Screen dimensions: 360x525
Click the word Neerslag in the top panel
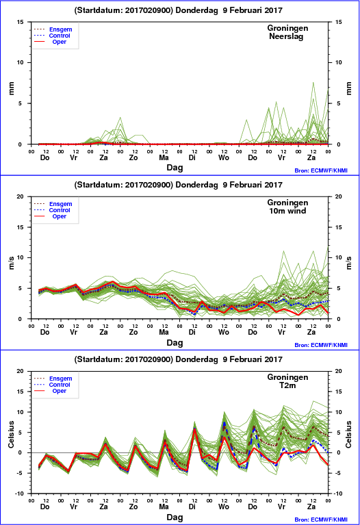[x=286, y=36]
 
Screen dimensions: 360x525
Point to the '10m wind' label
[x=287, y=211]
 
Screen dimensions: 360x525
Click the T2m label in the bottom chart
[x=287, y=385]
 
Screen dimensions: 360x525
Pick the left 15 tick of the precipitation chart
[x=21, y=22]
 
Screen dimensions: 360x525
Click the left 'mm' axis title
[x=12, y=88]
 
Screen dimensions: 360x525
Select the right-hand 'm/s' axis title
[x=348, y=263]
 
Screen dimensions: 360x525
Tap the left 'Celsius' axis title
[x=12, y=434]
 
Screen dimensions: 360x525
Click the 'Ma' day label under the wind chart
[x=164, y=332]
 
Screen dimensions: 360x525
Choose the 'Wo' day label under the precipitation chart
[x=224, y=157]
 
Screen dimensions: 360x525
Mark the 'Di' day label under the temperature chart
[x=192, y=507]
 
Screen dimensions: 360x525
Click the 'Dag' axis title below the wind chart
[x=175, y=342]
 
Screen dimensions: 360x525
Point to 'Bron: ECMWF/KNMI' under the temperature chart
[x=321, y=520]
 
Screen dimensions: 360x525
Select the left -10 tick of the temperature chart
[x=19, y=494]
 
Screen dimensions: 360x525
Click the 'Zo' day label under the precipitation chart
[x=133, y=157]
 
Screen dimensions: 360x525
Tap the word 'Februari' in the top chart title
[x=246, y=10]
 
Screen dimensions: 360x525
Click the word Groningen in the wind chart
[x=287, y=203]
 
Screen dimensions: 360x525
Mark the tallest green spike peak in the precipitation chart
[x=313, y=82]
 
